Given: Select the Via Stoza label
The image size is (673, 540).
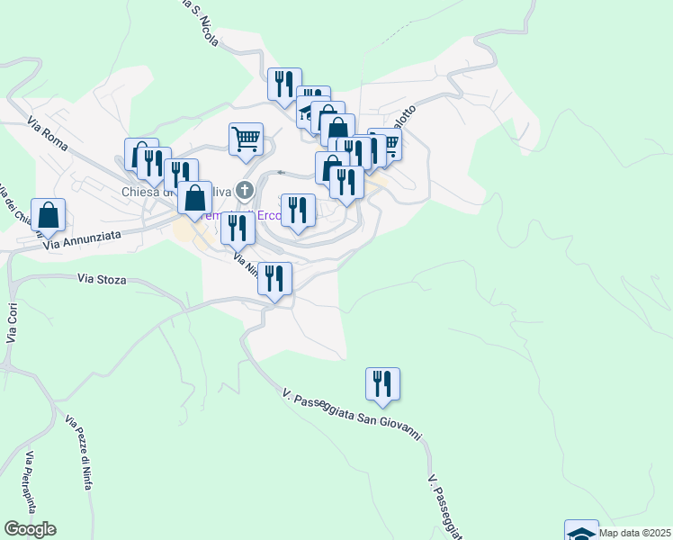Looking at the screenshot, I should [98, 280].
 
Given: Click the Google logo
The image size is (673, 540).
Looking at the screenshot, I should [30, 529].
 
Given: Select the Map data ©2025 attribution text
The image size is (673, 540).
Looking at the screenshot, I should [635, 533].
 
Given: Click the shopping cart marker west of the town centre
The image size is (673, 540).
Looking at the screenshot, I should [246, 139].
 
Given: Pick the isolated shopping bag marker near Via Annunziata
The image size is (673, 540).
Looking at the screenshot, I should [49, 214].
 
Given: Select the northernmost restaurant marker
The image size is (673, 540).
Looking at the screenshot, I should [284, 85].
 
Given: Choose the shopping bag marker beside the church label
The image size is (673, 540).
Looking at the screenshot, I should [194, 198].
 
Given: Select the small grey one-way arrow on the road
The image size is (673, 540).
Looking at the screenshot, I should [282, 172].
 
